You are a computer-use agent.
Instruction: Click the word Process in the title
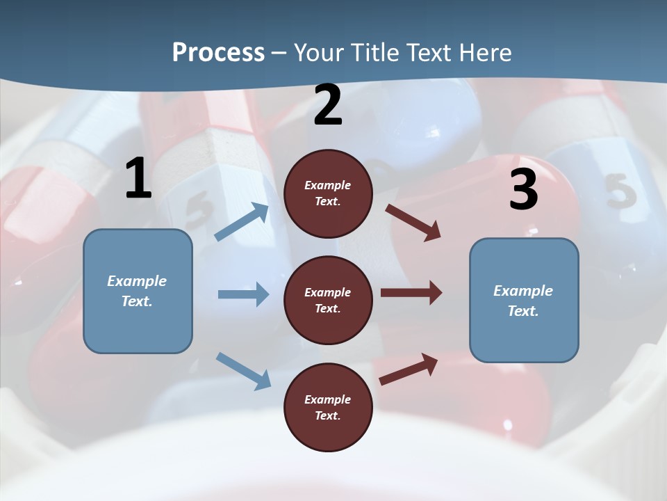coord(218,52)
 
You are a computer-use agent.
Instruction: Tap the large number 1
coord(138,179)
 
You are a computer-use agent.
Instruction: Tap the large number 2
coord(328,105)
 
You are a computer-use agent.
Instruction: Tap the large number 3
coord(523,190)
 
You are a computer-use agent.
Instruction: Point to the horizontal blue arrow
coord(242,294)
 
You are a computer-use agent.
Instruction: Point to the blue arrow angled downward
coord(243,370)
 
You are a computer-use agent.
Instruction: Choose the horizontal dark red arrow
coord(411,292)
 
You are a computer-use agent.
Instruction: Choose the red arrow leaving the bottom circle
coord(409,368)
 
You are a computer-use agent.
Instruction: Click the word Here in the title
coord(484,52)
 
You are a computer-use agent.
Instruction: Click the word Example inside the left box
coord(137,281)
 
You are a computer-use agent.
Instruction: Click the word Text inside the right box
coord(523,311)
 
